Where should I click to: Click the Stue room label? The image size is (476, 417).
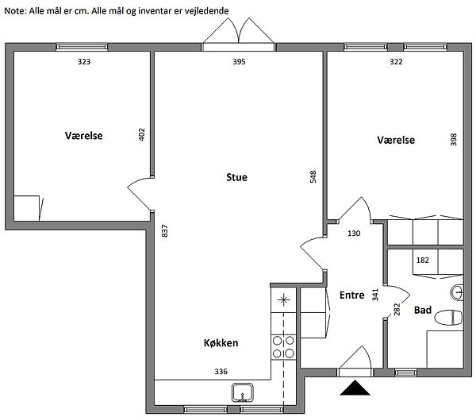pyautogui.click(x=236, y=177)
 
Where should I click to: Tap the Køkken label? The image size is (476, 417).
pyautogui.click(x=221, y=343)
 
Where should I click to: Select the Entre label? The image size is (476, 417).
pyautogui.click(x=351, y=295)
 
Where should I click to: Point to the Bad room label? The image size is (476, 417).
pyautogui.click(x=423, y=310)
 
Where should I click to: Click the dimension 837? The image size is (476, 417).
pyautogui.click(x=164, y=231)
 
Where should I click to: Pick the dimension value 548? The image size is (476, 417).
pyautogui.click(x=313, y=177)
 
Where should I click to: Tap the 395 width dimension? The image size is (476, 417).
pyautogui.click(x=239, y=62)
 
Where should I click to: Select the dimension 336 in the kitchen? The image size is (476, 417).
pyautogui.click(x=221, y=372)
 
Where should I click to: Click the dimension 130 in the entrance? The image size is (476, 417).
pyautogui.click(x=354, y=234)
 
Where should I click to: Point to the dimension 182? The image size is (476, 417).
pyautogui.click(x=423, y=261)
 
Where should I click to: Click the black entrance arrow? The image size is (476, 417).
pyautogui.click(x=355, y=388)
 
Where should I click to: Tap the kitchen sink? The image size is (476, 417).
pyautogui.click(x=243, y=392)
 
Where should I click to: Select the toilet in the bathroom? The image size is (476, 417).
pyautogui.click(x=448, y=318)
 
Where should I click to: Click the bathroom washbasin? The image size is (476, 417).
pyautogui.click(x=456, y=292)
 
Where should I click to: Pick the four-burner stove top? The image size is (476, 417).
pyautogui.click(x=283, y=347)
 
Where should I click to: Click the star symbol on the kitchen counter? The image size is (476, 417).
pyautogui.click(x=283, y=300)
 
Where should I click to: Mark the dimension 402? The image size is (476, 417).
pyautogui.click(x=141, y=135)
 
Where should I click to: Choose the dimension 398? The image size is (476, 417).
pyautogui.click(x=454, y=140)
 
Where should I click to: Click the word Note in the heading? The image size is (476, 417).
pyautogui.click(x=15, y=11)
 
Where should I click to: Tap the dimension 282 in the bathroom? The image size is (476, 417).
pyautogui.click(x=397, y=310)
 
